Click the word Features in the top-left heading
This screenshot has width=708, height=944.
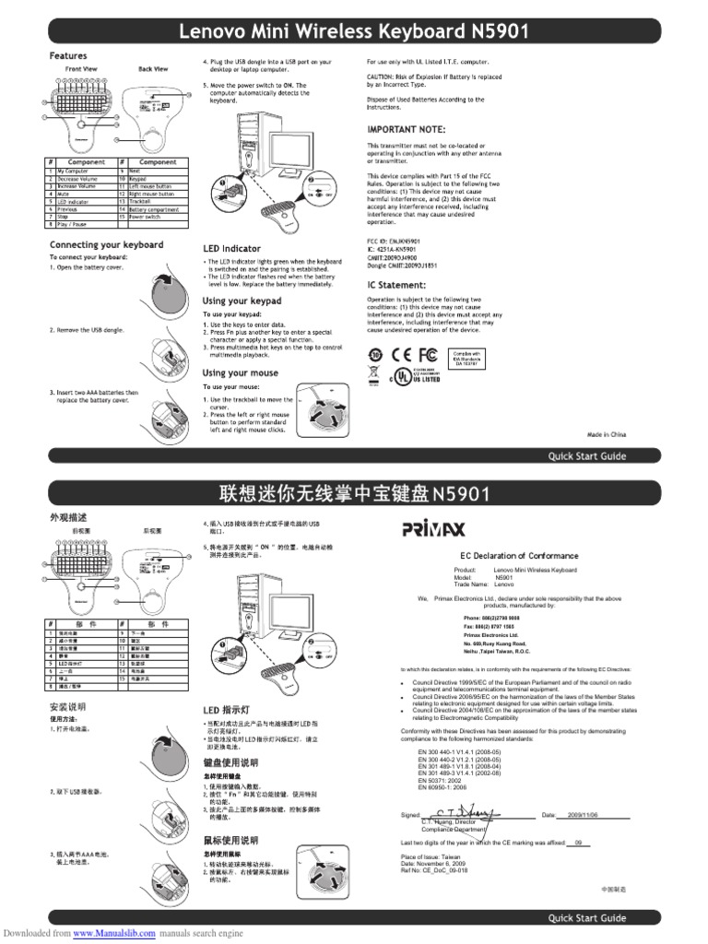(x=68, y=56)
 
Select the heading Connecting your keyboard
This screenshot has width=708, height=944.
(x=106, y=245)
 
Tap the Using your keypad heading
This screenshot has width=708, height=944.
(x=242, y=301)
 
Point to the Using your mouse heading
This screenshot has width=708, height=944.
(x=241, y=373)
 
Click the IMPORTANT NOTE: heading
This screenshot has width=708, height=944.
(x=407, y=129)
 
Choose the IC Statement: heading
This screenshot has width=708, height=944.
(x=397, y=286)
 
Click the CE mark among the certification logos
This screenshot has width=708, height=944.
(x=404, y=354)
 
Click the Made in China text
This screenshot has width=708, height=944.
(x=607, y=433)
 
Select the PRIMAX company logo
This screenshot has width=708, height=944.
(x=434, y=528)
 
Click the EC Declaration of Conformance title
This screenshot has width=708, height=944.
(x=519, y=556)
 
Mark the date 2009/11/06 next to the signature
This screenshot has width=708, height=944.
(x=583, y=816)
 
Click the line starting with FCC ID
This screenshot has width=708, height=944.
(x=390, y=242)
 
